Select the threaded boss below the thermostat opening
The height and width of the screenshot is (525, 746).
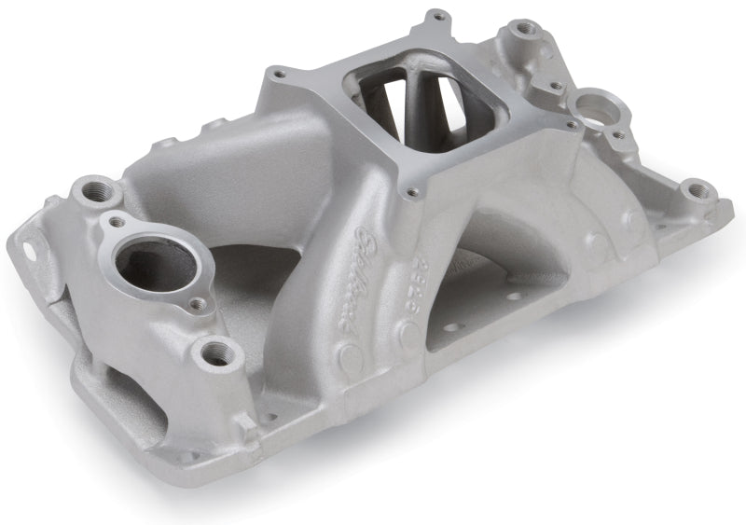tap(217, 352)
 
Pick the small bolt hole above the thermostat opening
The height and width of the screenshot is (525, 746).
tap(117, 223)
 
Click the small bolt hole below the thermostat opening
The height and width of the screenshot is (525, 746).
tap(197, 303)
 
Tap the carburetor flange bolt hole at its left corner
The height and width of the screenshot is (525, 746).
tap(276, 72)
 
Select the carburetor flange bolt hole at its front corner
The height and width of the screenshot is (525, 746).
tap(409, 193)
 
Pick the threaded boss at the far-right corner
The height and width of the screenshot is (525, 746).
tap(698, 193)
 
